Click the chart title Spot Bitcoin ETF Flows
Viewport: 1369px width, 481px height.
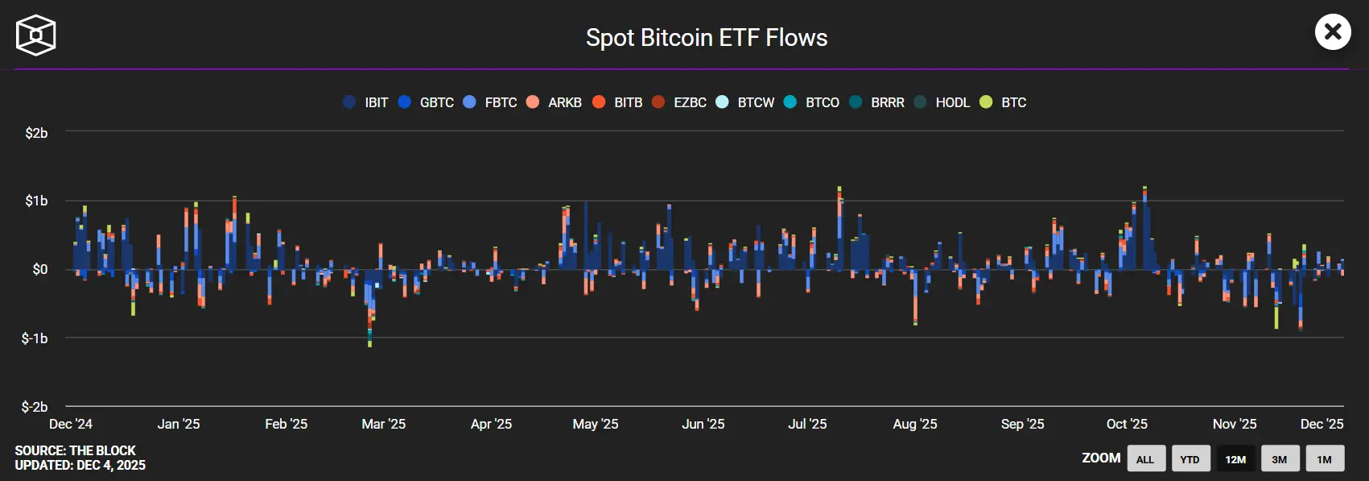pos(706,38)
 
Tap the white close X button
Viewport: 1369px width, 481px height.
pos(1333,32)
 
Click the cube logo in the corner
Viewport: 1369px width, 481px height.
pos(36,35)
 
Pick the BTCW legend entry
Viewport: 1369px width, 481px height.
pos(745,102)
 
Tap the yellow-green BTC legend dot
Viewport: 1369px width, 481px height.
pos(986,102)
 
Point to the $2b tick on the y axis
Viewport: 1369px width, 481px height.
pos(36,133)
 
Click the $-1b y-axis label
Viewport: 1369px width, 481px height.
pos(35,338)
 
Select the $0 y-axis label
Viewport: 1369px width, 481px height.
pos(39,269)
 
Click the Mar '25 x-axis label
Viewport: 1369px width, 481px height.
pos(384,424)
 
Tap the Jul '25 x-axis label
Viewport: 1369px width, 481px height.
pos(807,424)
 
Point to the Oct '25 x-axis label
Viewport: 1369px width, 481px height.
pos(1127,424)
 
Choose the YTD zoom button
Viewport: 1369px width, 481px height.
pos(1190,459)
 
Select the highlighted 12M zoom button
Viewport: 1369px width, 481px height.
pos(1235,459)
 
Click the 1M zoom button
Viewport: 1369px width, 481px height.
pos(1324,459)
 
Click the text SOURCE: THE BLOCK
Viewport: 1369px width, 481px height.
pos(75,450)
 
